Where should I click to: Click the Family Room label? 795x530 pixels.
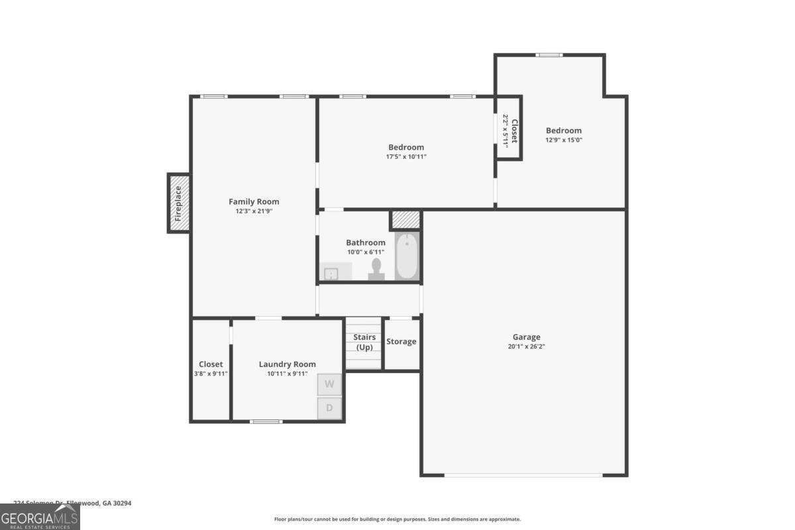tap(254, 201)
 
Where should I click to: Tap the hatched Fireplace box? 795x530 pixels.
tap(179, 203)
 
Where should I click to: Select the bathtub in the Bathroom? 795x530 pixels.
tap(407, 256)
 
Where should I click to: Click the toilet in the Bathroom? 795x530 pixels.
tap(377, 269)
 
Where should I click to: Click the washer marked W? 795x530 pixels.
tap(329, 384)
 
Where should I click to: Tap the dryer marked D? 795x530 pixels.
tap(329, 408)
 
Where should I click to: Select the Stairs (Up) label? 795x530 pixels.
tap(364, 343)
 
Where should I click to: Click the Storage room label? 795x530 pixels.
tap(401, 342)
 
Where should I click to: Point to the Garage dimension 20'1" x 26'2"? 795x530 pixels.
tap(526, 346)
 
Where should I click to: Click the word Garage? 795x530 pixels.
tap(526, 337)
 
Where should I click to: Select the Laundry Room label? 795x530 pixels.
tap(287, 364)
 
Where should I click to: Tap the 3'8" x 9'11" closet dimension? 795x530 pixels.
tap(211, 374)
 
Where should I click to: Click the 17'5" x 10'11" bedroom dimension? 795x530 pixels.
tap(406, 157)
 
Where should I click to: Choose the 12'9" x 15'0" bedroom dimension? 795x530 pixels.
tap(563, 140)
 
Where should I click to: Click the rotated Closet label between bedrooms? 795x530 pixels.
tap(513, 131)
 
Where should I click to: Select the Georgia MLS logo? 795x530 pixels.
tap(40, 517)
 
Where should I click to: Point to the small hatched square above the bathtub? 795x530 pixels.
tap(405, 219)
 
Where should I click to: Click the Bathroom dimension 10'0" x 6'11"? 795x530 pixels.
tap(365, 252)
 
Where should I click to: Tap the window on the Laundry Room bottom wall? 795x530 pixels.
tap(266, 421)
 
